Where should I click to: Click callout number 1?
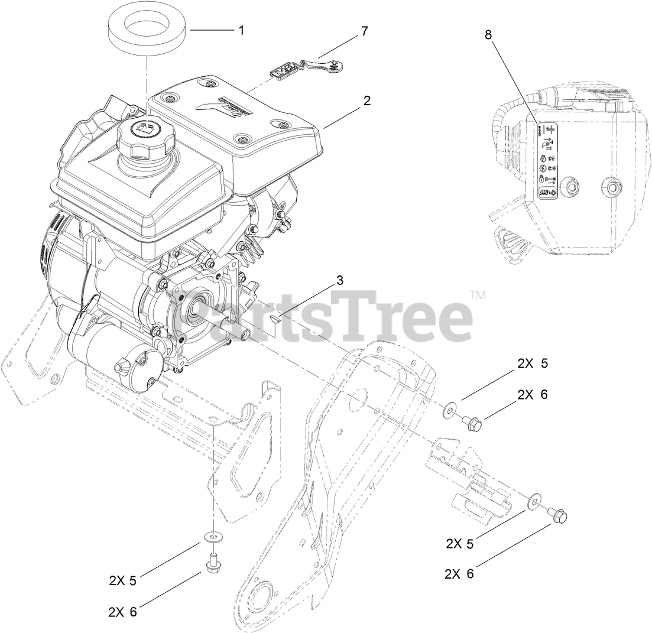(241, 30)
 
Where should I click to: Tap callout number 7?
(364, 31)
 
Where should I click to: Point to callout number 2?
(367, 100)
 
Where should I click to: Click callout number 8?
(488, 34)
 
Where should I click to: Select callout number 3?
(339, 280)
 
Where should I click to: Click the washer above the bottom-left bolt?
(212, 536)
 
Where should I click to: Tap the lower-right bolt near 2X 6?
(558, 516)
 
